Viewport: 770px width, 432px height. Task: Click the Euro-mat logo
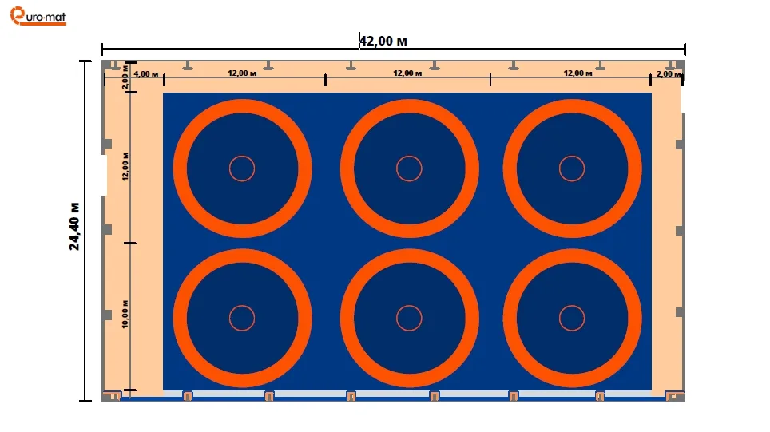[38, 16]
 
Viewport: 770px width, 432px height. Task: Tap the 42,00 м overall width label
[383, 41]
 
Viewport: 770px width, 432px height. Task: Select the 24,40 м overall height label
[74, 226]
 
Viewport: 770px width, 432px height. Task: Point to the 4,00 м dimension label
[146, 74]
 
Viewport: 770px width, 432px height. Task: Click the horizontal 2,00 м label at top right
[669, 74]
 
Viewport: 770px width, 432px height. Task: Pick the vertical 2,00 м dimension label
[125, 77]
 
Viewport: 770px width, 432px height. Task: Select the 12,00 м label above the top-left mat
[242, 73]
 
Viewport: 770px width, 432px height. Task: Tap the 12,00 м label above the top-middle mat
[407, 73]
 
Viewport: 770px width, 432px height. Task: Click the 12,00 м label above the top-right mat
[577, 73]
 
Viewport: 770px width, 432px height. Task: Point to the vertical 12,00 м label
[125, 166]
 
